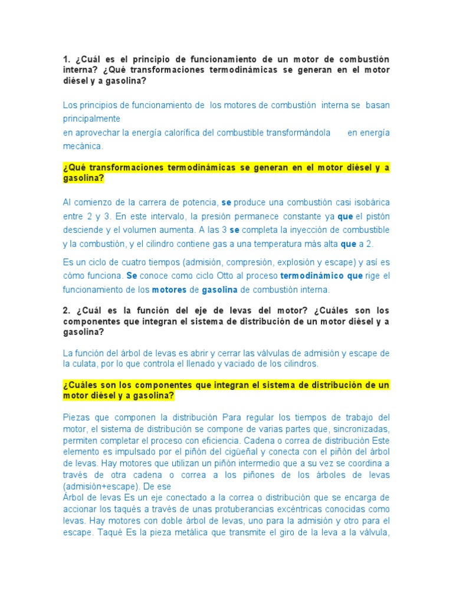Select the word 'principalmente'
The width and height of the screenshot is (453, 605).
point(91,118)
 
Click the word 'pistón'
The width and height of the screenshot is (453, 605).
point(377,216)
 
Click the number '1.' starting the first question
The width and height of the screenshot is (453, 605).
point(67,60)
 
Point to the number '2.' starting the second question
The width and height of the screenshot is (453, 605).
point(67,310)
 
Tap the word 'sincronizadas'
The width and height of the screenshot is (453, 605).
point(363,428)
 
